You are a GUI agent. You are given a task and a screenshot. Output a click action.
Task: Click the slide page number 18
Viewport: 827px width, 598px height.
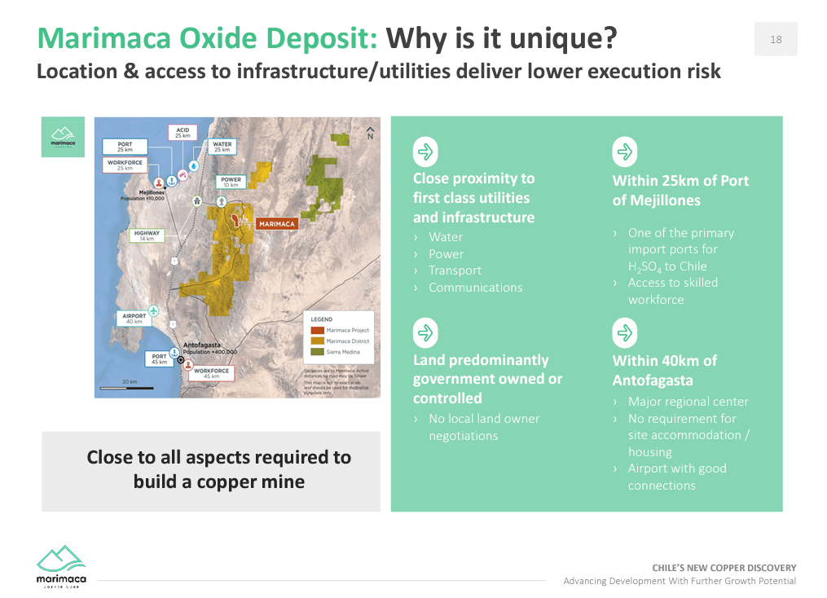pos(776,39)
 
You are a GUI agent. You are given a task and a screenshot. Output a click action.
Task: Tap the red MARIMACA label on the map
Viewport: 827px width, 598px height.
pos(277,222)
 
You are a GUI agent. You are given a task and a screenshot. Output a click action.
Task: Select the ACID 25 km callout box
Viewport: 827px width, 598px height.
pos(183,131)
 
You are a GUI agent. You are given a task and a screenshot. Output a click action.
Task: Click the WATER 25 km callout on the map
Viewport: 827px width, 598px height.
pos(222,147)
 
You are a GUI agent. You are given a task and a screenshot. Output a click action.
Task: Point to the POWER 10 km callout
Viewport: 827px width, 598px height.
pos(231,182)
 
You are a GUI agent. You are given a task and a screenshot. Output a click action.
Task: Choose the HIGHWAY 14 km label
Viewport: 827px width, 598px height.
pos(147,235)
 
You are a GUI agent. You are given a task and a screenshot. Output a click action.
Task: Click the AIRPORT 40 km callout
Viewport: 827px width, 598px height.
pos(134,319)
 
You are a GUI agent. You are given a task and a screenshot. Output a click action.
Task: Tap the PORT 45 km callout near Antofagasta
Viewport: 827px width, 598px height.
pos(159,358)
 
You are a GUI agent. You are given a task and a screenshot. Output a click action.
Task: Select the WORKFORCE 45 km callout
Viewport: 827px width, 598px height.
pos(211,374)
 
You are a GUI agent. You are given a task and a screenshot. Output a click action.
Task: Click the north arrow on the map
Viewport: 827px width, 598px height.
pos(371,133)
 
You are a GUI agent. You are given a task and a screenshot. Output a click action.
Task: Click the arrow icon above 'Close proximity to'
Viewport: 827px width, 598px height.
pos(425,152)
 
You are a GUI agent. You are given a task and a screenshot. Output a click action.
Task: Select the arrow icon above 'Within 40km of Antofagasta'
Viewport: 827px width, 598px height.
pos(625,333)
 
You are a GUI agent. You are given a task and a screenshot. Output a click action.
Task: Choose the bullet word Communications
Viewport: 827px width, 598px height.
pos(475,288)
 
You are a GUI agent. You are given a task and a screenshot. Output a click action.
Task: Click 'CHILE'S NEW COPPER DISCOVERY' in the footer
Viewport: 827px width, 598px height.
pos(724,568)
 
